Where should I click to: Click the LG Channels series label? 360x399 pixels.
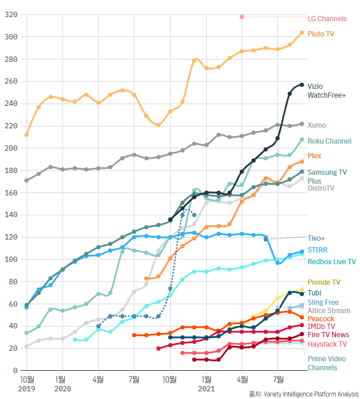(327, 19)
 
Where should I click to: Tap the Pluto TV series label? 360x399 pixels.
(321, 34)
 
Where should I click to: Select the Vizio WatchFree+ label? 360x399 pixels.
(326, 90)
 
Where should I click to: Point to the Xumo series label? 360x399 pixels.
(316, 125)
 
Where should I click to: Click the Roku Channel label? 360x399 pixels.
(329, 141)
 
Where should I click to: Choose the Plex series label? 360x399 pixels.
(315, 156)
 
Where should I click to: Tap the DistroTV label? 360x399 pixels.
(321, 188)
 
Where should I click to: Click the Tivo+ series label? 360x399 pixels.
(316, 238)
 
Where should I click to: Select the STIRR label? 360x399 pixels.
(318, 250)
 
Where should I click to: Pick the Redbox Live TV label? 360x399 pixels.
(332, 262)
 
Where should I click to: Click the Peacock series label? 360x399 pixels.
(321, 318)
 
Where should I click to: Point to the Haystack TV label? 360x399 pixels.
(327, 344)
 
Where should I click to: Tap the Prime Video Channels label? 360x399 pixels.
(323, 363)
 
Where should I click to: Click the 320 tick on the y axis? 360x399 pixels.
(12, 15)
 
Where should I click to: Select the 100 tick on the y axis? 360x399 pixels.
(12, 260)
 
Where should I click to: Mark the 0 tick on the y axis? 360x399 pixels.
(16, 371)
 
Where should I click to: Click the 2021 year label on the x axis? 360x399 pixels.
(206, 389)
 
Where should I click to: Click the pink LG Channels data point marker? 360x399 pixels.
(242, 16)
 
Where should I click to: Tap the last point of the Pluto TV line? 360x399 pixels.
(302, 33)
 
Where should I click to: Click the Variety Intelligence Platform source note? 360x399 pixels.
(303, 394)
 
